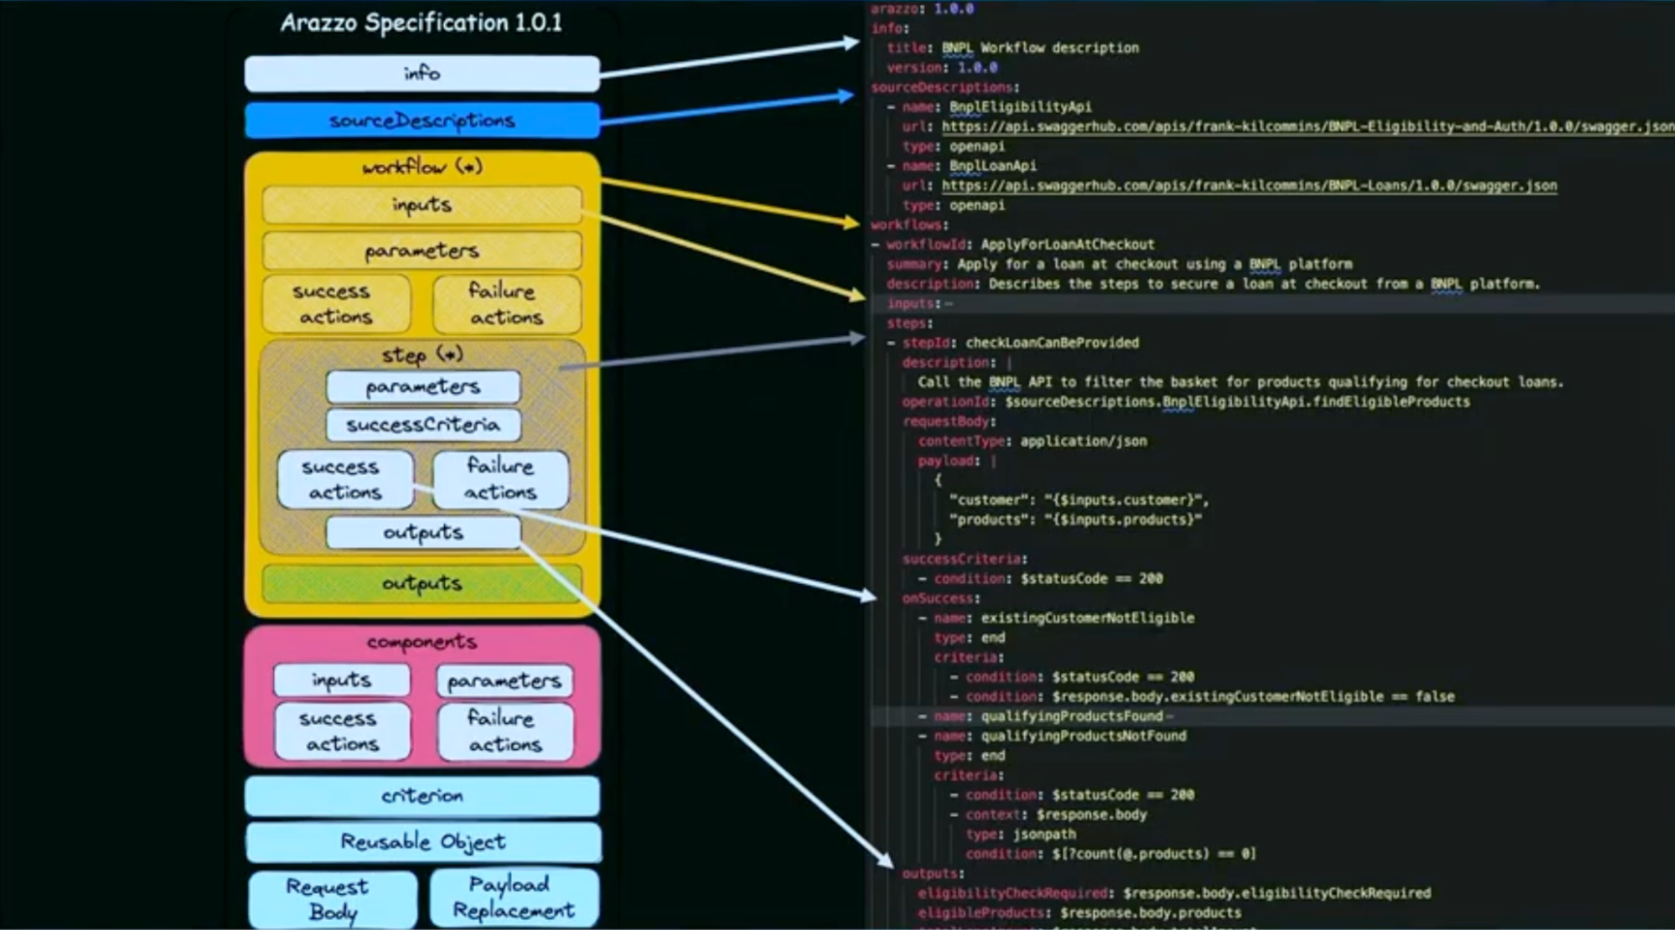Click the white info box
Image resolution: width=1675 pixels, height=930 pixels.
(x=421, y=74)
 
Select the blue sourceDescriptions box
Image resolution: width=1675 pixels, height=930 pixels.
(x=421, y=121)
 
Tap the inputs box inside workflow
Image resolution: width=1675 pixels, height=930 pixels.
(x=421, y=205)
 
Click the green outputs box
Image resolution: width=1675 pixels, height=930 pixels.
(x=421, y=583)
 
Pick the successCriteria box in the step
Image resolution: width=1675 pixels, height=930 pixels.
(x=423, y=425)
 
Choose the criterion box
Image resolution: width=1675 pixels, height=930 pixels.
(x=422, y=796)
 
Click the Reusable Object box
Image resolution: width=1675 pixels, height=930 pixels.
(x=423, y=842)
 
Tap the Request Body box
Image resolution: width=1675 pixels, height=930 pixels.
(x=333, y=899)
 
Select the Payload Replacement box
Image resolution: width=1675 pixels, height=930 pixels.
(x=514, y=897)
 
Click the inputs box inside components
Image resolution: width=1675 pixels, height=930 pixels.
(x=342, y=679)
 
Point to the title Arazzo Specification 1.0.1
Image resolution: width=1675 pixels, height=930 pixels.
(x=421, y=23)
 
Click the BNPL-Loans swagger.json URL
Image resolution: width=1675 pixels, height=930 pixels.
(x=1248, y=186)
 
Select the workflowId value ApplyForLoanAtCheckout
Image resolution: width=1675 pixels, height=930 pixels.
(x=1067, y=245)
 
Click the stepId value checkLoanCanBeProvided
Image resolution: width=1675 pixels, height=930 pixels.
(x=1052, y=343)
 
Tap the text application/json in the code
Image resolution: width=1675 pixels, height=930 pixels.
(x=1083, y=441)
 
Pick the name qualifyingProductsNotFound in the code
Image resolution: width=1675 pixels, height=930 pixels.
(x=1083, y=736)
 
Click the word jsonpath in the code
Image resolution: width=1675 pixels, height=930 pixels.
(x=1044, y=834)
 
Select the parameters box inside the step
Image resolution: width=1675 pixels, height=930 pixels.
(x=423, y=387)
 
